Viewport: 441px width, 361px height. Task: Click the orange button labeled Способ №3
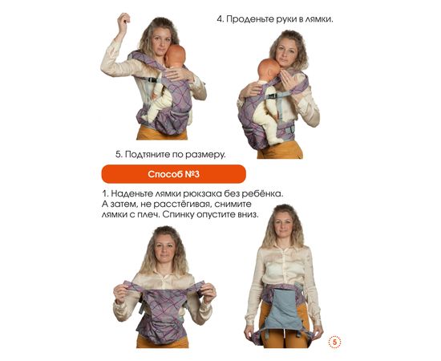173,174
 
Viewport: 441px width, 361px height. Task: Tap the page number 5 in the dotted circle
334,343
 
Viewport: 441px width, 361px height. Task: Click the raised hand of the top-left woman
123,20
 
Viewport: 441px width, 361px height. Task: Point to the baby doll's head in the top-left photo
175,55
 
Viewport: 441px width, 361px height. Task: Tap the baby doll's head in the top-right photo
268,69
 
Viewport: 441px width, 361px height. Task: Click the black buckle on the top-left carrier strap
152,80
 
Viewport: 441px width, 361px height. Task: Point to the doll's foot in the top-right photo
278,141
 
